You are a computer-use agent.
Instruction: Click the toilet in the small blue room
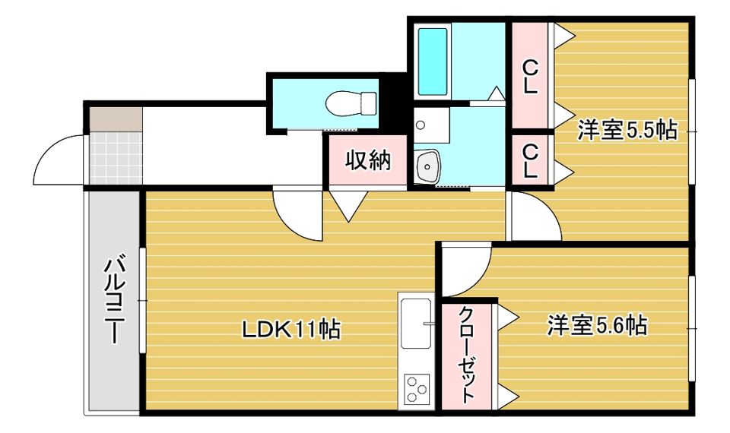coord(351,102)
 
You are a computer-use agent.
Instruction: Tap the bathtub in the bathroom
coord(433,62)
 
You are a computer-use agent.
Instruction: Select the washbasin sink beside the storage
coord(427,165)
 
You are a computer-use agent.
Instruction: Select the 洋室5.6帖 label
coord(597,326)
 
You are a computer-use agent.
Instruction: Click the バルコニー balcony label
coord(114,301)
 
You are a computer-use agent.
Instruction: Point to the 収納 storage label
coord(368,160)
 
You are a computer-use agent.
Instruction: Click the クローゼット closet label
coord(466,355)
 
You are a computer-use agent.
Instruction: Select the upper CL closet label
coord(529,76)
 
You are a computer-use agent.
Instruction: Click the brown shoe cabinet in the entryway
coord(114,119)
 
